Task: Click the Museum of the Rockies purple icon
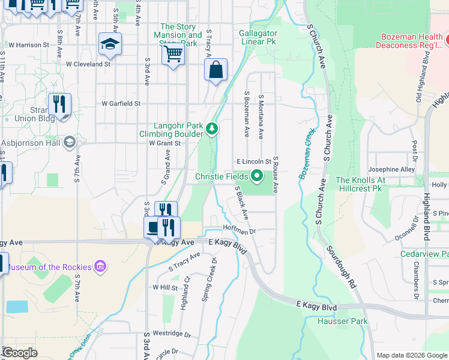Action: click(x=100, y=266)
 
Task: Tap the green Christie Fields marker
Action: click(x=257, y=176)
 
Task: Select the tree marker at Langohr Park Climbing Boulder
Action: click(x=211, y=128)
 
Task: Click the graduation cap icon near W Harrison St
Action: click(x=110, y=44)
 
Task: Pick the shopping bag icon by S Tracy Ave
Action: click(x=215, y=70)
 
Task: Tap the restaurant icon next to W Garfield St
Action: click(x=59, y=104)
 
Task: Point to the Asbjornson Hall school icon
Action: click(x=69, y=142)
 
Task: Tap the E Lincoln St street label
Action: click(x=254, y=162)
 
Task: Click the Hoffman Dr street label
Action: click(x=240, y=230)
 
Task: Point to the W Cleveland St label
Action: click(x=88, y=63)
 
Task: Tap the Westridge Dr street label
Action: click(x=171, y=334)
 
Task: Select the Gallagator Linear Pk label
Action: click(x=258, y=37)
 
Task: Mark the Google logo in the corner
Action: click(x=19, y=353)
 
